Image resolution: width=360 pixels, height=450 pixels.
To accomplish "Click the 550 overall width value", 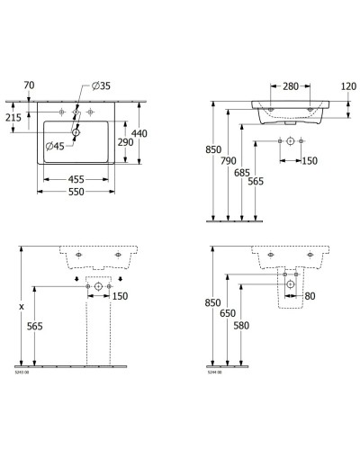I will (80, 193).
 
